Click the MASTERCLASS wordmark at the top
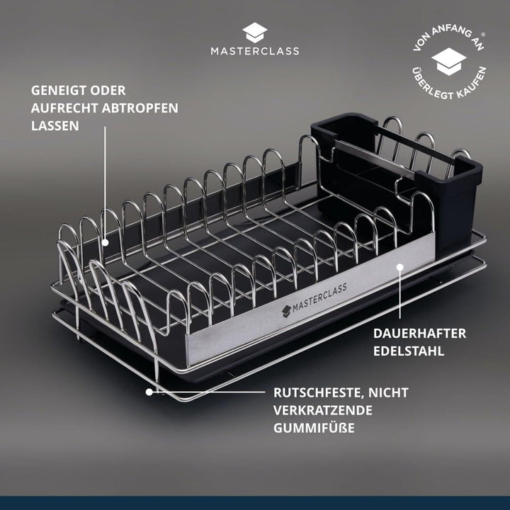(x=255, y=51)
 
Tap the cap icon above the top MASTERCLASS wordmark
(x=255, y=33)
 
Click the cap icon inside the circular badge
(x=449, y=62)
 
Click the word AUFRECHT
(x=64, y=108)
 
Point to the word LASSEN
(x=55, y=125)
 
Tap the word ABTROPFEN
(x=140, y=108)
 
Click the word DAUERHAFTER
(x=419, y=334)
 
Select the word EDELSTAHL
(x=409, y=351)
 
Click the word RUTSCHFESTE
(x=318, y=393)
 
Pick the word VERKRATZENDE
(x=323, y=410)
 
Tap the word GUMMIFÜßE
(x=314, y=428)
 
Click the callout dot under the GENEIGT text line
(x=105, y=242)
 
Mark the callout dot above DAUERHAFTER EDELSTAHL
(x=400, y=267)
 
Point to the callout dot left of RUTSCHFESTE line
(x=149, y=392)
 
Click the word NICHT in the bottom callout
(x=388, y=392)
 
